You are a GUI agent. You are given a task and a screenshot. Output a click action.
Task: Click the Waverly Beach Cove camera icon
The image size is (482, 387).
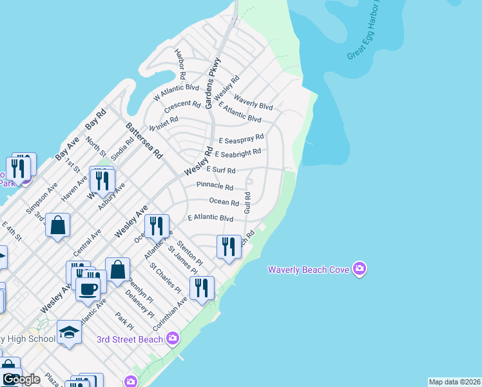[x=360, y=269]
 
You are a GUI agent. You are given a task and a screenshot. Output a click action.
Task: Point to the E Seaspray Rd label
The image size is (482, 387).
[x=241, y=138]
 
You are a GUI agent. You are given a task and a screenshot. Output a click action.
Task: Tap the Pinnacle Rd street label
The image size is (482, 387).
[x=215, y=186]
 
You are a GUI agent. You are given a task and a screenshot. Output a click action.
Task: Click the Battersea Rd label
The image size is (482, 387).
[x=144, y=141]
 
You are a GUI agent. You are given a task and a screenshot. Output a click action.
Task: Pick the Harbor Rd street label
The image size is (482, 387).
[x=180, y=63]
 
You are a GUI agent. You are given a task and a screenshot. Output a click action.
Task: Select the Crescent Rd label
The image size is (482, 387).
[x=182, y=105]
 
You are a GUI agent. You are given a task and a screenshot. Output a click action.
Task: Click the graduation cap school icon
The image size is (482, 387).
[x=69, y=332]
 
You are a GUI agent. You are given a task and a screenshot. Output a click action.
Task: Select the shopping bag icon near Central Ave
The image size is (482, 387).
[x=57, y=226]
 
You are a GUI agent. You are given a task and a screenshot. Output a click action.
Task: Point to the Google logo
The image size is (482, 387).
[x=21, y=379]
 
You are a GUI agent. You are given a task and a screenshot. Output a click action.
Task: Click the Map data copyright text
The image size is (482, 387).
[x=454, y=382]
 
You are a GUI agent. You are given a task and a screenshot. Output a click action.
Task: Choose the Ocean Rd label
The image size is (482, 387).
[x=224, y=202]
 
